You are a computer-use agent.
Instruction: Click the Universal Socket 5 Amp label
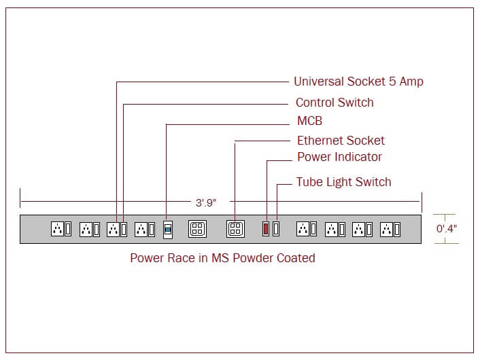click(x=358, y=82)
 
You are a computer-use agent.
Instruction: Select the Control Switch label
click(x=335, y=103)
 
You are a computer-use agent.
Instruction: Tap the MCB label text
click(x=309, y=122)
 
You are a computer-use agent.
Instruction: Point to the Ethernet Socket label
click(x=341, y=141)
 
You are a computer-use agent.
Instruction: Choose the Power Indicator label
click(x=339, y=157)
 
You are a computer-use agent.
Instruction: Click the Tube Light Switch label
click(x=343, y=182)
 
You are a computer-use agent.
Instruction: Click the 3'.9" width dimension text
click(x=205, y=202)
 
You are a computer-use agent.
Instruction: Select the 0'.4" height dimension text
click(x=447, y=229)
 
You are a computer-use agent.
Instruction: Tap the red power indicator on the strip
click(x=266, y=229)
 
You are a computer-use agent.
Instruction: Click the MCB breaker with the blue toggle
click(x=168, y=229)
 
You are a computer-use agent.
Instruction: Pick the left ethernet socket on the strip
click(x=197, y=229)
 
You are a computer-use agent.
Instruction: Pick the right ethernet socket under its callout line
click(x=235, y=229)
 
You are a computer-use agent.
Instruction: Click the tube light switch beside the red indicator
click(x=276, y=229)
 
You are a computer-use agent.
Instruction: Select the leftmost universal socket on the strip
click(x=57, y=229)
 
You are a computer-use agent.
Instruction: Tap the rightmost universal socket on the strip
click(x=386, y=229)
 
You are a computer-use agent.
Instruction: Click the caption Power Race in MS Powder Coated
click(x=222, y=258)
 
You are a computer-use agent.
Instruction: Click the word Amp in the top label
click(x=411, y=82)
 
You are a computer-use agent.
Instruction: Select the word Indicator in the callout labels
click(x=358, y=157)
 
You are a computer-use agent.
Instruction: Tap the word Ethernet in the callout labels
click(x=320, y=141)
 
